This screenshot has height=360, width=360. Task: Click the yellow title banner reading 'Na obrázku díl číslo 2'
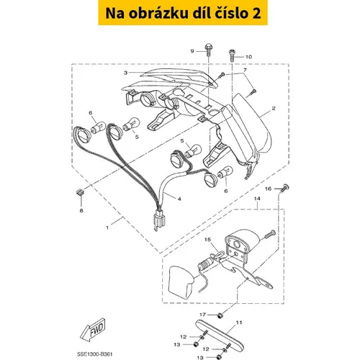tap(183, 13)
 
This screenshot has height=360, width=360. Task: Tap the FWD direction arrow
tap(93, 330)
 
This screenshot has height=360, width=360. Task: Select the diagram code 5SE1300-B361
tap(94, 354)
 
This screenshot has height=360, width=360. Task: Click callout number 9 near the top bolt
tap(192, 51)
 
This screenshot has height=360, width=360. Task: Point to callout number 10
tap(248, 57)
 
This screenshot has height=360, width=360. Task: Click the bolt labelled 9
tap(208, 50)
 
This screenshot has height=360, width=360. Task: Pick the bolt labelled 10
tap(232, 55)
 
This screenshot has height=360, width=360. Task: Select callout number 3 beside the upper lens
tap(125, 73)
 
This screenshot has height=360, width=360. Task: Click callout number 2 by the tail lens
tap(274, 109)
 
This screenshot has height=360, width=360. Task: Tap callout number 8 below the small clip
tap(81, 210)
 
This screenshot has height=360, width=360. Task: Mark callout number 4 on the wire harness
tap(179, 199)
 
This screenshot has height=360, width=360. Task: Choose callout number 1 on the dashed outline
tap(107, 227)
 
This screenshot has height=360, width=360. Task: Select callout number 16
tap(268, 189)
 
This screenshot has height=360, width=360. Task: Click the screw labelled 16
tap(285, 187)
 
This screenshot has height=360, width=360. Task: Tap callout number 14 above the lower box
tap(257, 199)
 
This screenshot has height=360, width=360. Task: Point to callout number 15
tap(207, 240)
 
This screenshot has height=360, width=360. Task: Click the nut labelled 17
tap(219, 315)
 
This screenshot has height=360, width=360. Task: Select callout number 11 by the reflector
tap(239, 323)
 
